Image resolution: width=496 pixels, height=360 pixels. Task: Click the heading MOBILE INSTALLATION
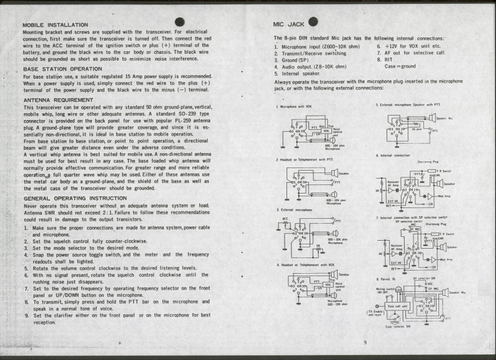tap(55, 24)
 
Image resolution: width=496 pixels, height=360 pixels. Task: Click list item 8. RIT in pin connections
tap(384, 60)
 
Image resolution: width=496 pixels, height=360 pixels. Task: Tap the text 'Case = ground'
tap(400, 66)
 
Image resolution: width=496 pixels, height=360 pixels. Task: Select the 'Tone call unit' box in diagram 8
tap(397, 306)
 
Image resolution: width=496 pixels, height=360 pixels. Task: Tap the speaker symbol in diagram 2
tap(335, 172)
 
